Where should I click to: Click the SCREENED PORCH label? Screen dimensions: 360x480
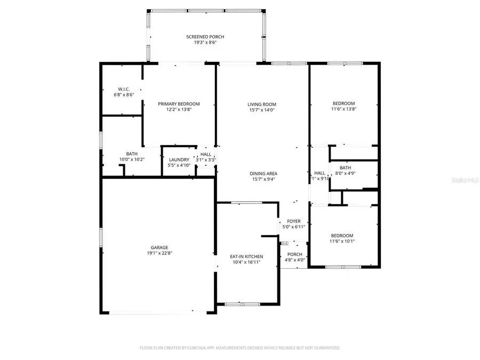(205, 37)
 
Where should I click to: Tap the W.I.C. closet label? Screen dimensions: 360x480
(124, 89)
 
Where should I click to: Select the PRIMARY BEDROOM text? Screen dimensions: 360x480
(179, 103)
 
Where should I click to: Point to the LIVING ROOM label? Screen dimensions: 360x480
(262, 104)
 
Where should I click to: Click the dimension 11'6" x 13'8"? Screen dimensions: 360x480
(343, 109)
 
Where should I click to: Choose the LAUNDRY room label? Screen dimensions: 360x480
(179, 159)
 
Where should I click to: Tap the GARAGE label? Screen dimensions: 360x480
(159, 247)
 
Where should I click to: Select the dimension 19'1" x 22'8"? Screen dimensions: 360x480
(159, 253)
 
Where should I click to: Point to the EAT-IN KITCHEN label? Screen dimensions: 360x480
(246, 257)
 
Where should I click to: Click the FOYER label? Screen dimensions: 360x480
(294, 221)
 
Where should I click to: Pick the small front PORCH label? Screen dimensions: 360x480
(295, 254)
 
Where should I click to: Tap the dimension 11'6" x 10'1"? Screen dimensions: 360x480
(342, 241)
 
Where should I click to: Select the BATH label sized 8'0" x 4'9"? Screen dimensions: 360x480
(346, 167)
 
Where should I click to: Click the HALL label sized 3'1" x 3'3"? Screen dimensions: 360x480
(205, 154)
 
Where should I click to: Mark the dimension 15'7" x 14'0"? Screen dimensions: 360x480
(262, 110)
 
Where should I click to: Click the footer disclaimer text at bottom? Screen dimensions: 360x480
(240, 347)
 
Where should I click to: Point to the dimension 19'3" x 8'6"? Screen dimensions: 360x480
(205, 43)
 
